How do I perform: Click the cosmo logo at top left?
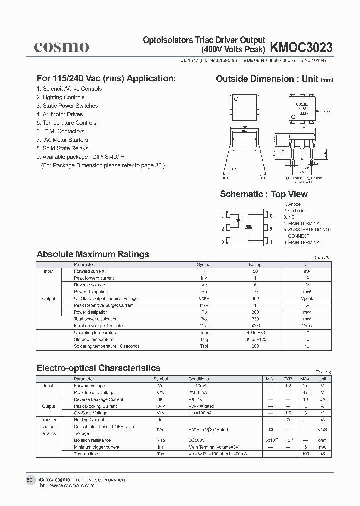tap(61, 47)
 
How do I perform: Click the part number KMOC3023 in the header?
tap(301, 47)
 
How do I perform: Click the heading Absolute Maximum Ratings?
tap(93, 254)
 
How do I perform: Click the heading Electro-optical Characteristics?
tap(99, 368)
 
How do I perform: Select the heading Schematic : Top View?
tap(264, 194)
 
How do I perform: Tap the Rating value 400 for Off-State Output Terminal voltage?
tap(255, 298)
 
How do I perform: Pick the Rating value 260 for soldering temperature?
tap(255, 346)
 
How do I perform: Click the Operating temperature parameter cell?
tap(96, 332)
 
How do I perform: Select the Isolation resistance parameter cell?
tap(93, 440)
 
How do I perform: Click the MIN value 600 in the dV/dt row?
tap(271, 430)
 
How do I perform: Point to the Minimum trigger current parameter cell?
tap(97, 447)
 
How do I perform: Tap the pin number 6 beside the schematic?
tap(271, 216)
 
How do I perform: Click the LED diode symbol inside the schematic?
tap(239, 219)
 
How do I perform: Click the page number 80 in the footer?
tap(29, 480)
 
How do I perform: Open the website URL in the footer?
tap(66, 486)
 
